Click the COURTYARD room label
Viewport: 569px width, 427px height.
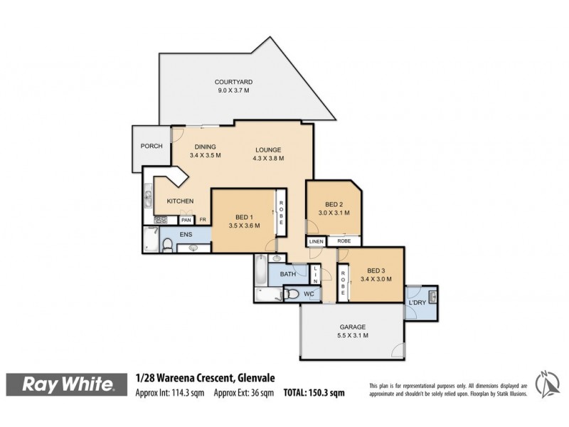(x=235, y=82)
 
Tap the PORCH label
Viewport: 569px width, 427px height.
(x=151, y=146)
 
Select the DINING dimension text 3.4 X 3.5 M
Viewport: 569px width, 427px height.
(x=206, y=155)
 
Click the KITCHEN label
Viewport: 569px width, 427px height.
(x=180, y=201)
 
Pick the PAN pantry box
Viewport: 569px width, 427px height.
(x=186, y=220)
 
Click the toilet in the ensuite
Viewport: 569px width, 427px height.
(x=167, y=246)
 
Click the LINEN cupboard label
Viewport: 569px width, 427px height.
(x=316, y=241)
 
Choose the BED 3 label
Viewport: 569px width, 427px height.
(x=376, y=270)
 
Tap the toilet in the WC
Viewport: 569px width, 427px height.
(x=292, y=293)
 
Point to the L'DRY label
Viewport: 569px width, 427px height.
(x=417, y=304)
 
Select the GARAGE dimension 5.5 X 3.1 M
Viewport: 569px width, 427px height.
(x=353, y=337)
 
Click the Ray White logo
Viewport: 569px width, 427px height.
(x=68, y=385)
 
